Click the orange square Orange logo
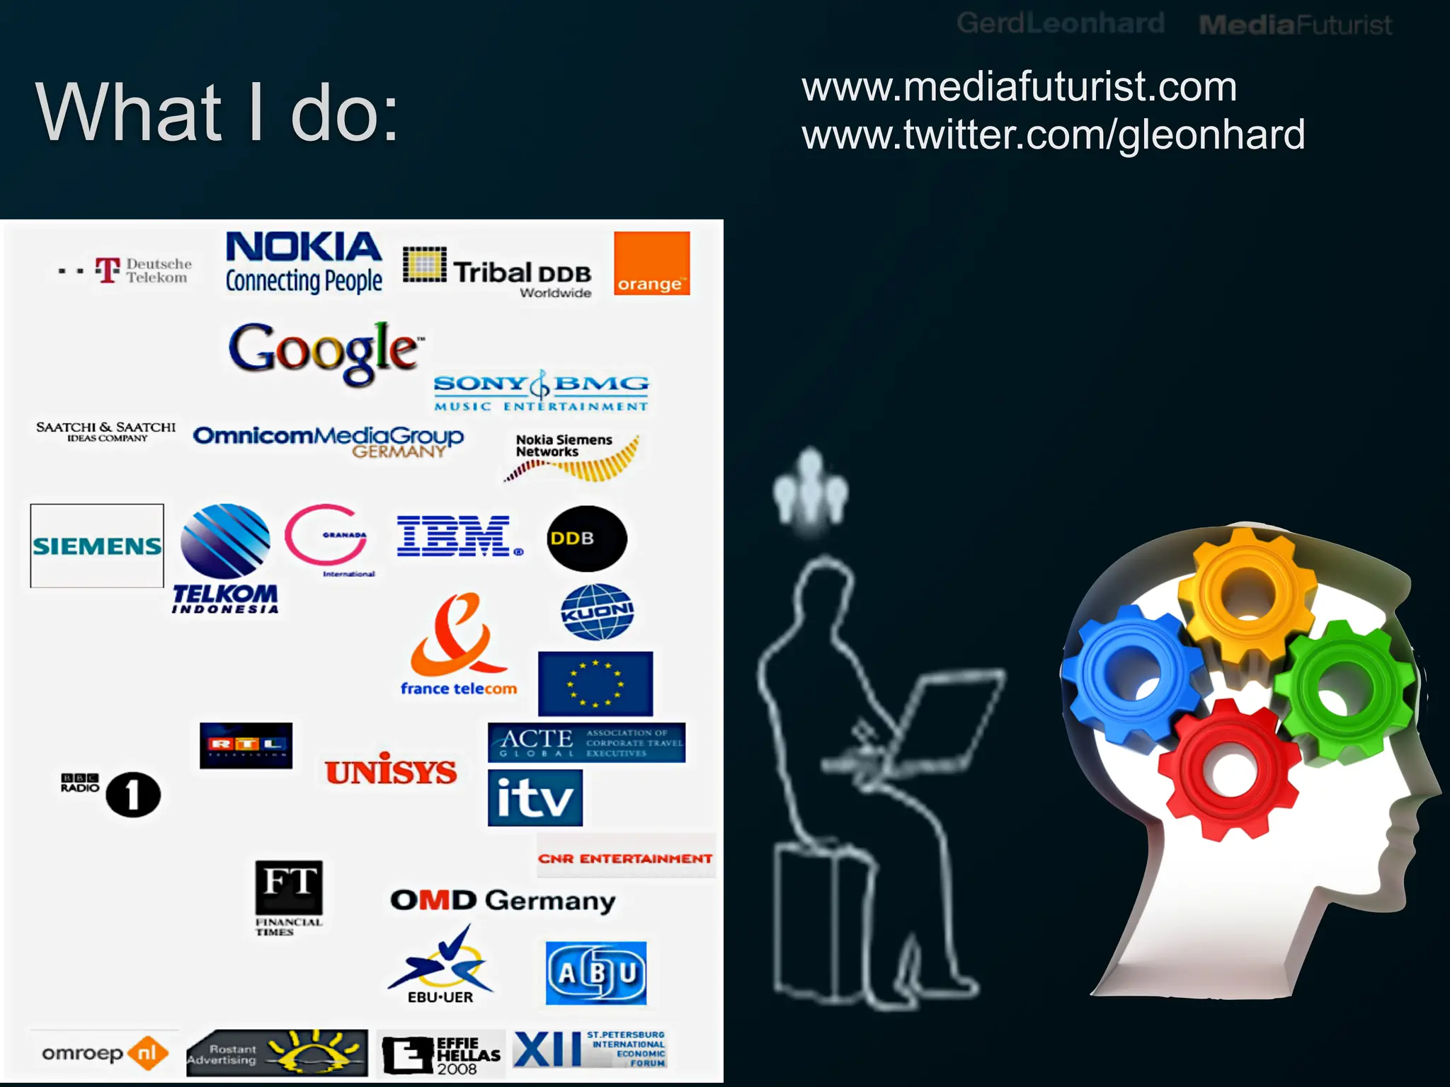651,263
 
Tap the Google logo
325,351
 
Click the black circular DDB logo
586,539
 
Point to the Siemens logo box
97,546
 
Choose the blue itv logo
535,798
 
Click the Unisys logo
391,770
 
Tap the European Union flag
595,684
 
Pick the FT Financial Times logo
289,888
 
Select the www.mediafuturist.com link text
1019,87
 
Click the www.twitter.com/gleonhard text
1053,134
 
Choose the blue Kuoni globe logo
597,612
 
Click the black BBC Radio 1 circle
133,795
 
